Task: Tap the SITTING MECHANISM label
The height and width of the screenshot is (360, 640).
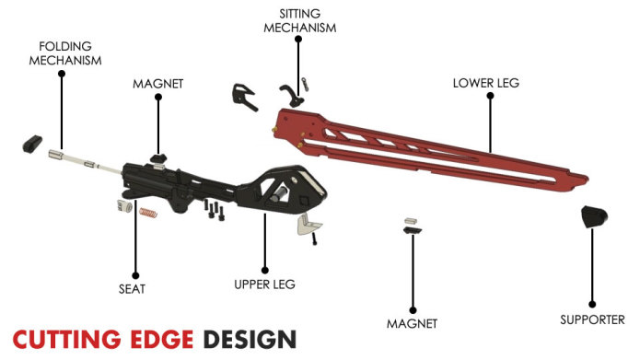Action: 300,20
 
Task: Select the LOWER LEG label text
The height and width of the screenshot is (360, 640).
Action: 486,82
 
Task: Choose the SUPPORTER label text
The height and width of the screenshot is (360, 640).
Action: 593,319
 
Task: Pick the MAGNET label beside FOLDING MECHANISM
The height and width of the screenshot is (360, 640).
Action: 158,83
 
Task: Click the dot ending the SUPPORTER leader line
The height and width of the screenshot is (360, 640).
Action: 593,303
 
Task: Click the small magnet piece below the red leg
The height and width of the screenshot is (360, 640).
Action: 412,226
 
